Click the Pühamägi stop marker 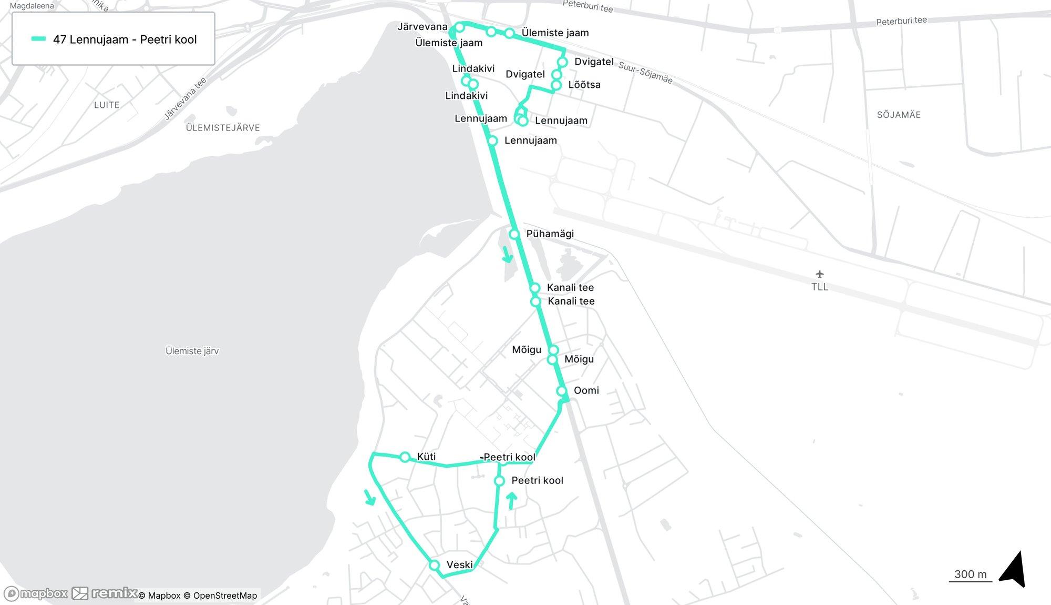point(514,234)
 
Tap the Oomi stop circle point(561,391)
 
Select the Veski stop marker point(434,565)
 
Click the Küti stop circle point(405,457)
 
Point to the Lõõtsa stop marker point(556,85)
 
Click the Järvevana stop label point(423,27)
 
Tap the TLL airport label point(819,287)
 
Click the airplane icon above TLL point(819,274)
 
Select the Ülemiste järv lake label point(192,351)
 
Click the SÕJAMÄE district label point(899,115)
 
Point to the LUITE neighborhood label point(107,105)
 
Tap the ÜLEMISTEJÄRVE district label point(223,127)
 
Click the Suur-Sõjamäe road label point(645,72)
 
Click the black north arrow point(1014,569)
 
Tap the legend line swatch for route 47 point(39,39)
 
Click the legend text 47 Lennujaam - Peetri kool point(125,39)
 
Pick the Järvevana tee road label point(186,99)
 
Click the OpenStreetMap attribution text point(225,596)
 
